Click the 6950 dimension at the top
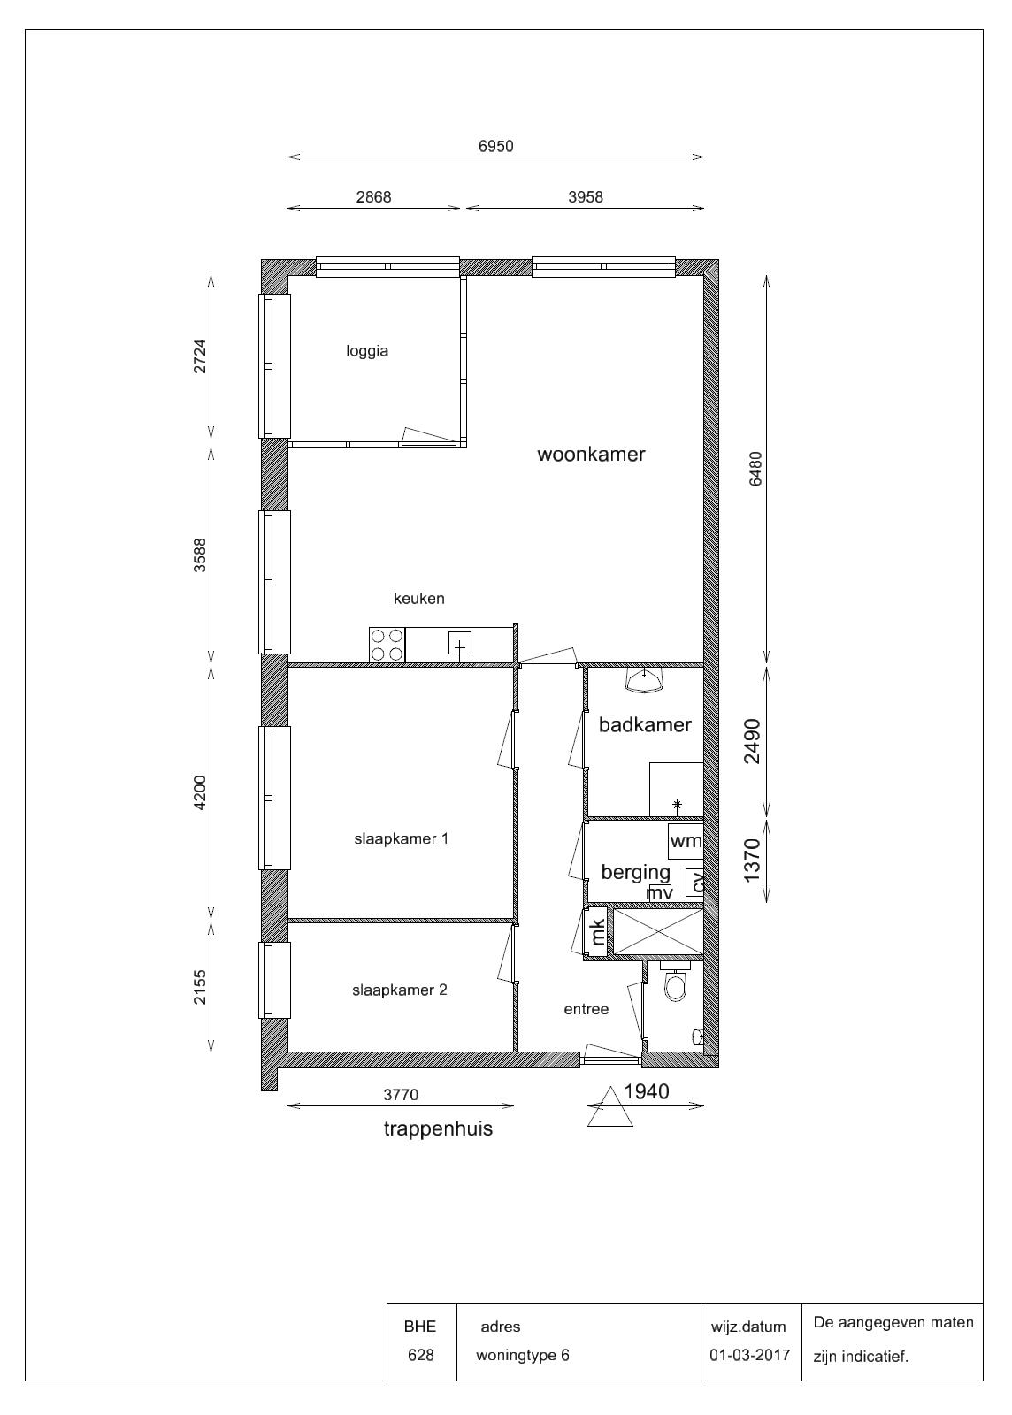pos(496,147)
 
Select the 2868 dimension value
pos(373,197)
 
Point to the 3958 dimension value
pos(586,197)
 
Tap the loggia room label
pos(367,351)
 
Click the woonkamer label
pos(591,455)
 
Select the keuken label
pos(418,598)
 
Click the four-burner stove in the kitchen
pos(387,645)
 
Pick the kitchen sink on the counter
pos(460,644)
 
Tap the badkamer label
pos(645,724)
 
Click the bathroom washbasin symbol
pos(644,680)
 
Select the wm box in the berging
pos(686,841)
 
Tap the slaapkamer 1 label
pos(401,839)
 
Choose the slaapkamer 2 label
pos(399,990)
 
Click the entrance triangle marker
pos(609,1106)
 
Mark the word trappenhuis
pos(438,1128)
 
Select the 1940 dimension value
pos(647,1091)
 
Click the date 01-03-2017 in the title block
pos(750,1355)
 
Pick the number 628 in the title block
pos(421,1355)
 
